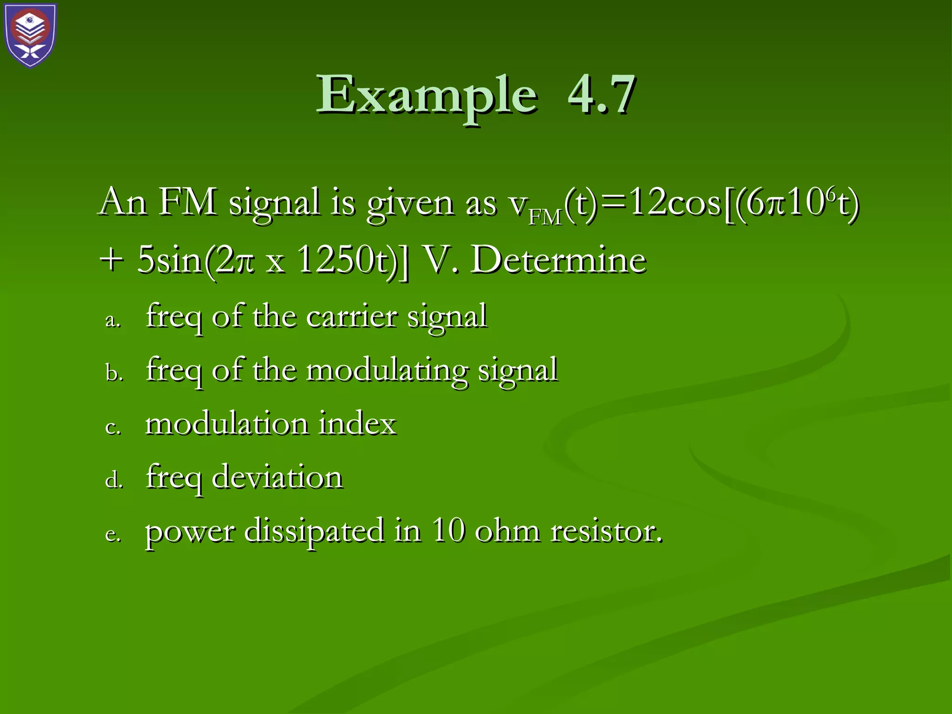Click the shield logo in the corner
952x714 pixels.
point(31,35)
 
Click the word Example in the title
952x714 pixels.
point(427,95)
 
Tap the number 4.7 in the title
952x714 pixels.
point(601,95)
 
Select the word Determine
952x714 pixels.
point(558,260)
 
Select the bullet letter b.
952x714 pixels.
point(114,373)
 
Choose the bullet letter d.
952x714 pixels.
point(114,480)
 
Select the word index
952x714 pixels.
point(357,424)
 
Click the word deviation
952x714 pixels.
point(277,478)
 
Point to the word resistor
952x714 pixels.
point(606,531)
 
